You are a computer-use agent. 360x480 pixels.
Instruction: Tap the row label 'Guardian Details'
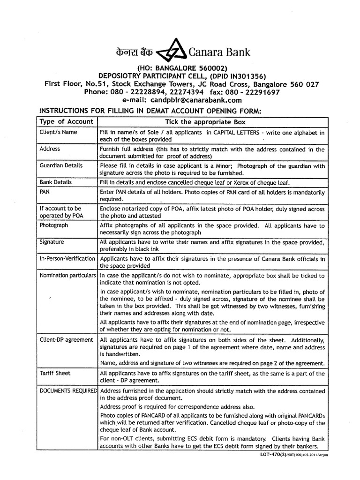61,165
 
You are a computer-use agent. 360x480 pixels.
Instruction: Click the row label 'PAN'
45,192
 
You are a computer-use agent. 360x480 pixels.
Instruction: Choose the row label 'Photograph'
53,225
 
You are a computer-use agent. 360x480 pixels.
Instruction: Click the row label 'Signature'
52,242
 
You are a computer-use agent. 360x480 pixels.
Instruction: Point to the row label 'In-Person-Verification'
67,258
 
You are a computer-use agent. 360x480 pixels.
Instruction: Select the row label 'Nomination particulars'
67,275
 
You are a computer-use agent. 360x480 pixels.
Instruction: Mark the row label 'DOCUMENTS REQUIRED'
67,390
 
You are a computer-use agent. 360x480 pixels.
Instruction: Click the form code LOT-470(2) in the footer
271,454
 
